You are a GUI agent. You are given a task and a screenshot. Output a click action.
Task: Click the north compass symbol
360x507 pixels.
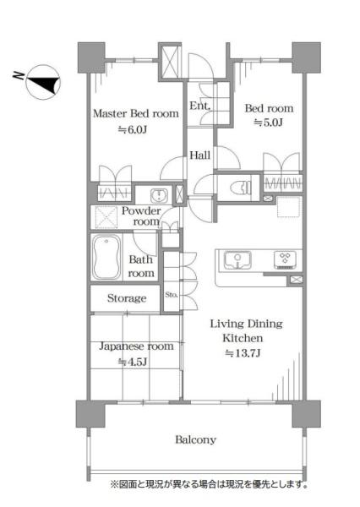tap(43, 82)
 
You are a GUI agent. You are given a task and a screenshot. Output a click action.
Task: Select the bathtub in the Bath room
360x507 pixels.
tap(106, 257)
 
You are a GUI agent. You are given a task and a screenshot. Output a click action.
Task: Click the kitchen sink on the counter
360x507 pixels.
tap(237, 260)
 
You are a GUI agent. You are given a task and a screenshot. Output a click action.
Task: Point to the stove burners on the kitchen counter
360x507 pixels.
tap(285, 259)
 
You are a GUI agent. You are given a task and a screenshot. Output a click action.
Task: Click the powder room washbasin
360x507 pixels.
tap(159, 195)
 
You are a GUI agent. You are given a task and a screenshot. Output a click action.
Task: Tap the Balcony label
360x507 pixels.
tap(196, 439)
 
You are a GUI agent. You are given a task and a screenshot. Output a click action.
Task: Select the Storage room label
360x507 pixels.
tap(127, 298)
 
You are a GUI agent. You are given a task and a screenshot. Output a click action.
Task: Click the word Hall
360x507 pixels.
tap(200, 155)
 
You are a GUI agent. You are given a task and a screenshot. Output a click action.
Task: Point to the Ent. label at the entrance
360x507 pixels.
tap(200, 106)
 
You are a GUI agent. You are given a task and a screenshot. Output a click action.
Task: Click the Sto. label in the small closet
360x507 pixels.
tap(171, 295)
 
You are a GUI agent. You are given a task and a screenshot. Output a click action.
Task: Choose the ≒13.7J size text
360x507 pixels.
tap(243, 353)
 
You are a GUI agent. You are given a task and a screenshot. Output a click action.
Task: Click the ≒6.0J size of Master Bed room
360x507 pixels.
tap(133, 129)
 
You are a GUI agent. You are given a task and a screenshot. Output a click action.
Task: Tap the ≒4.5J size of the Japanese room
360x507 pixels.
tap(133, 362)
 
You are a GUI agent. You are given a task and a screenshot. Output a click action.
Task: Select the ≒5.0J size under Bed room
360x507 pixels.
tap(268, 123)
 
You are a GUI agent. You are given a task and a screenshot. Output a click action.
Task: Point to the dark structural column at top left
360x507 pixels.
tap(91, 57)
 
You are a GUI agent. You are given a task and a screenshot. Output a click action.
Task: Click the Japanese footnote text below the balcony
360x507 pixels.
tap(209, 484)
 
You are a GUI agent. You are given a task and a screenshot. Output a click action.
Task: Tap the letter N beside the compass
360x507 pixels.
tap(19, 76)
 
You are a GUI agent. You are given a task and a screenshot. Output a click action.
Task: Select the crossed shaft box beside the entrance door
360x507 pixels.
tap(170, 62)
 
